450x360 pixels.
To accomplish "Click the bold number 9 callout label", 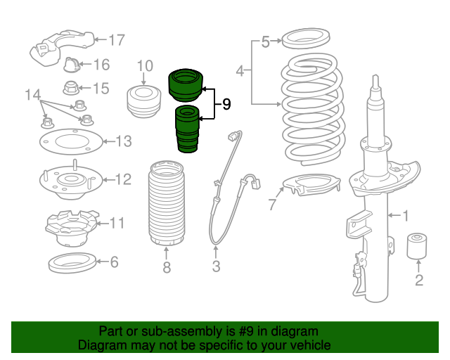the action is (226, 104).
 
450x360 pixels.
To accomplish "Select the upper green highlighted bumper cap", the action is (186, 85).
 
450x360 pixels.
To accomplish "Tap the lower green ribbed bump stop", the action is (187, 129).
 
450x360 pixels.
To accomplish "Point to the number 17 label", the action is (117, 39).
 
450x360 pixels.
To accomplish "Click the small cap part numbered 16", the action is (71, 65).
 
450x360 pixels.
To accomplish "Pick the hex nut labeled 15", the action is (70, 88).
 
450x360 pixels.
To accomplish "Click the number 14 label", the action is (33, 94).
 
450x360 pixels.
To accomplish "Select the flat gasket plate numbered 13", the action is (71, 141).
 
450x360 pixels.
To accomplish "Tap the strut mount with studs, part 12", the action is (70, 181).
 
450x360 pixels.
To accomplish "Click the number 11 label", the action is (117, 223).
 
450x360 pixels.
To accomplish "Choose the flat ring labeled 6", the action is (72, 262).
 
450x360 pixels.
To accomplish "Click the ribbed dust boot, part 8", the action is (166, 203).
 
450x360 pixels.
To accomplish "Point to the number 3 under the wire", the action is (216, 266).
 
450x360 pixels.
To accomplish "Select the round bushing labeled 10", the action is (143, 102).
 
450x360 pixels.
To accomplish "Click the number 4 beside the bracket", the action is (240, 70).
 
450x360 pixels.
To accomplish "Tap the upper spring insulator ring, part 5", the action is (306, 38).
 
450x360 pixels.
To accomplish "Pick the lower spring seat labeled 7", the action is (311, 185).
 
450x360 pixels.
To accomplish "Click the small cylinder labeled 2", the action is (417, 245).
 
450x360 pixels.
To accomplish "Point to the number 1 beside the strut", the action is (406, 216).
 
